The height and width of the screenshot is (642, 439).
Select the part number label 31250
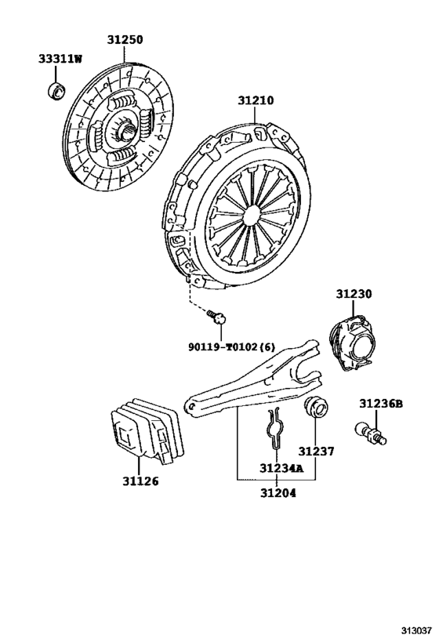[x=125, y=39]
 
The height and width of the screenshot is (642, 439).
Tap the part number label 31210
[x=256, y=101]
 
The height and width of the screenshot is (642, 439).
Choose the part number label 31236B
[x=381, y=404]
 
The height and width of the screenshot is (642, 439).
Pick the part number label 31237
[x=316, y=452]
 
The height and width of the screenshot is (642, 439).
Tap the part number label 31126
[x=140, y=481]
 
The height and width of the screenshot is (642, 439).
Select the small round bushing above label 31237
[x=314, y=407]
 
